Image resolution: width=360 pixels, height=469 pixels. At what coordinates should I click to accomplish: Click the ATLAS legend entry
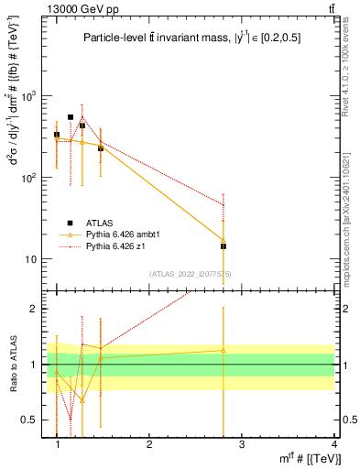[x=89, y=223]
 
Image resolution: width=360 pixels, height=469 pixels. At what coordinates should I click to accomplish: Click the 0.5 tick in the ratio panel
[x=30, y=420]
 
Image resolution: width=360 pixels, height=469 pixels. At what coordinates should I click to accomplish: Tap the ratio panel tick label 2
[x=35, y=309]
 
